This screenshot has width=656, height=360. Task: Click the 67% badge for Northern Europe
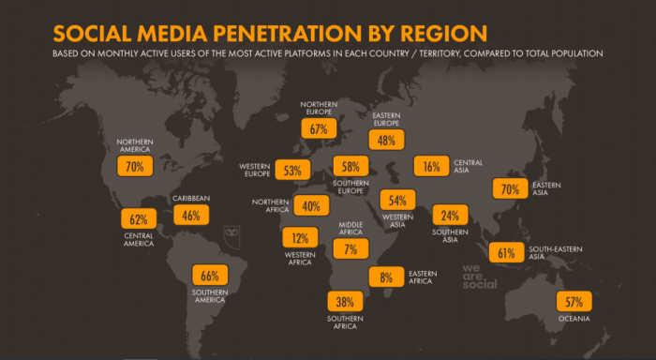pos(319,128)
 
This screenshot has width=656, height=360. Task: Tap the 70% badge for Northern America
pos(135,166)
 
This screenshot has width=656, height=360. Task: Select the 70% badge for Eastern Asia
pos(510,188)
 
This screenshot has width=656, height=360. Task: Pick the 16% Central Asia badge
pos(431,166)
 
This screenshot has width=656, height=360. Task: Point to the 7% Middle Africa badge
pos(350,249)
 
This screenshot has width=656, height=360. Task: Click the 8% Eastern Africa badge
pos(386,277)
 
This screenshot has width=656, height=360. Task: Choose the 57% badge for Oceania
pos(574,301)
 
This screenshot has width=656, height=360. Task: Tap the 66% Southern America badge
pos(210,275)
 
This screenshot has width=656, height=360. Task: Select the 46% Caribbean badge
pos(191,215)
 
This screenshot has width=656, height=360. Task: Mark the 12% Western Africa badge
pos(300,237)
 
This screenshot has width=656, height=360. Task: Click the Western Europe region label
pos(255,170)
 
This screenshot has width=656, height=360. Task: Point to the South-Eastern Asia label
pos(555,252)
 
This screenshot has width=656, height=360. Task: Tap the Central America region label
pos(139,239)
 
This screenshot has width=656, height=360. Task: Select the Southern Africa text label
pos(345,322)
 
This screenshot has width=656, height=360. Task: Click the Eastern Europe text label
pos(386,119)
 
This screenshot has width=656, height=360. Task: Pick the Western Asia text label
pos(397,220)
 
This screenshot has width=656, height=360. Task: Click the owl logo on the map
pos(231,236)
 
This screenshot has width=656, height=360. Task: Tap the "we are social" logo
pos(480,277)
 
